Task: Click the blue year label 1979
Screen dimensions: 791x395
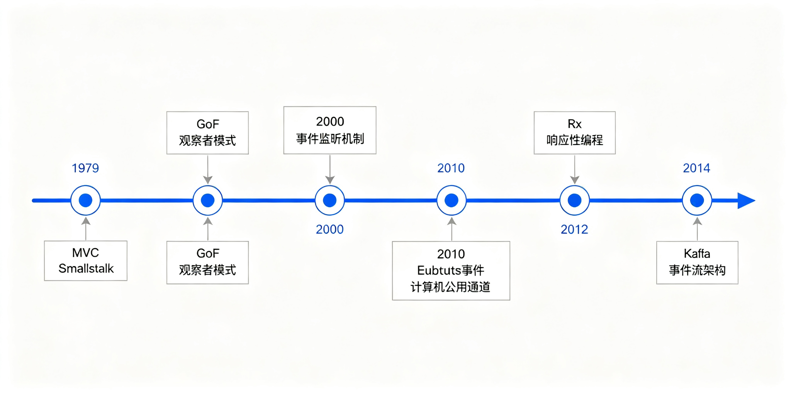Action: point(85,168)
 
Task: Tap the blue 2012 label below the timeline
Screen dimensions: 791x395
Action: point(574,230)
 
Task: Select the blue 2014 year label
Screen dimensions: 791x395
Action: point(696,168)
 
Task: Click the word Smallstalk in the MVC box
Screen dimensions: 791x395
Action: point(86,268)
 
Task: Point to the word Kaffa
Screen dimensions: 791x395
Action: point(697,253)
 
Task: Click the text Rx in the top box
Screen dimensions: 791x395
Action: point(574,124)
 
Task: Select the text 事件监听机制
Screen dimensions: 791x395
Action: point(330,138)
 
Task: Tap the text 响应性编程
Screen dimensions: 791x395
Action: point(574,140)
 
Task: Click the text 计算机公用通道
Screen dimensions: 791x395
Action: point(450,287)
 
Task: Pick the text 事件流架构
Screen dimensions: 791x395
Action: point(697,270)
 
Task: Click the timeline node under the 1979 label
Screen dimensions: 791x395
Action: point(85,201)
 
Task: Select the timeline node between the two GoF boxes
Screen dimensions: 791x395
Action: point(208,201)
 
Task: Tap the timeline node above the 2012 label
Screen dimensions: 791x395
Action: point(574,201)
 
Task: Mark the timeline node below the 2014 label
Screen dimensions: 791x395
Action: point(697,201)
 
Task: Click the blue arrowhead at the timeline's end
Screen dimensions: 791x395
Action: point(746,201)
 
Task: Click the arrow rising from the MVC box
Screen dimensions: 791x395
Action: point(86,229)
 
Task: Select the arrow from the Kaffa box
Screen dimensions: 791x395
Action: point(697,229)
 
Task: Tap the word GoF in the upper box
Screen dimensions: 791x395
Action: point(208,124)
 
